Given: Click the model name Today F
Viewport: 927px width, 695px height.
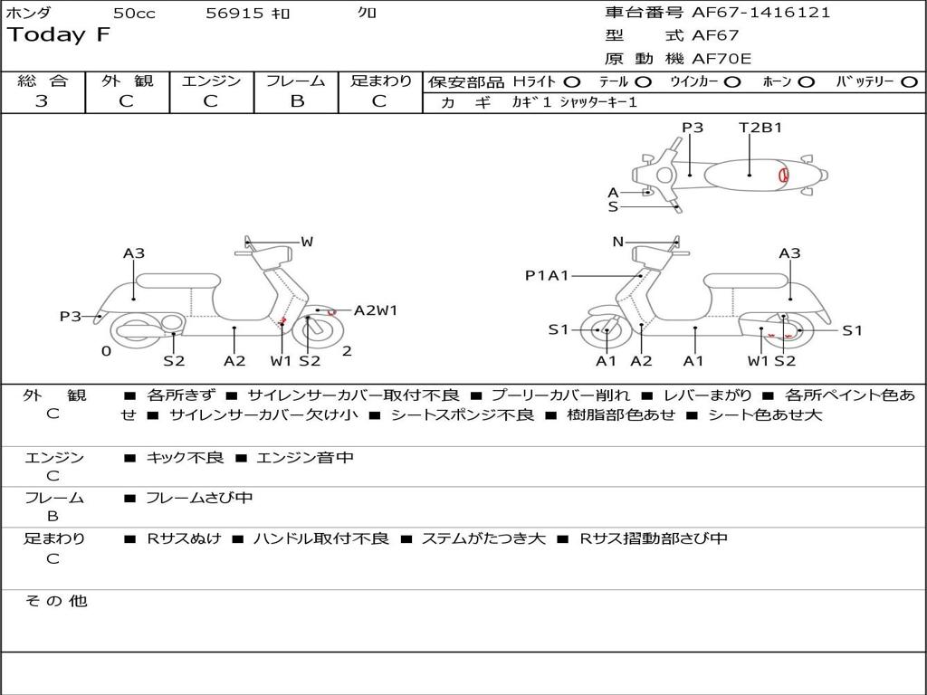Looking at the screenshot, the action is click(59, 36).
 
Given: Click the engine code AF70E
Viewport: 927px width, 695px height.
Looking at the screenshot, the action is click(722, 59).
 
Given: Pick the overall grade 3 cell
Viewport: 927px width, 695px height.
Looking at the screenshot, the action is click(42, 101).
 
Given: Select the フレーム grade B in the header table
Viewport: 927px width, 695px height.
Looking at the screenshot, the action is click(296, 101).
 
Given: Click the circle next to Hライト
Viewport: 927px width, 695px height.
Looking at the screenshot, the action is click(572, 81).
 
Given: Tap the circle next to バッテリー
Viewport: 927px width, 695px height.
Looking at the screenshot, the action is click(909, 81).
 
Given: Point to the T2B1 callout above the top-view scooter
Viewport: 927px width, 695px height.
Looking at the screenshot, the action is click(760, 128).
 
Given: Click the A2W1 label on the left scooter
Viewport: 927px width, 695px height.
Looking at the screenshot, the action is click(376, 310).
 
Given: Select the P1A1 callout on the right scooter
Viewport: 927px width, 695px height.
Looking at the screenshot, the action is click(547, 275).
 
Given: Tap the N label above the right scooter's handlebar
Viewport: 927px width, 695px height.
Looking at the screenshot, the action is click(617, 242).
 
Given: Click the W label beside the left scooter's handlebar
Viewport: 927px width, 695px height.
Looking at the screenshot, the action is click(307, 242).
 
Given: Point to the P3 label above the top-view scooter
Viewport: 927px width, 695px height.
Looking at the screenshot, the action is click(693, 128).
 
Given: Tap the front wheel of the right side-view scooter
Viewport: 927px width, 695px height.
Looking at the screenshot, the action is click(605, 331).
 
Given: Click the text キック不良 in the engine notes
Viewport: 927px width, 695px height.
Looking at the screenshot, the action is click(185, 458).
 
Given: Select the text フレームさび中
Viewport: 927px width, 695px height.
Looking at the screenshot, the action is click(199, 498).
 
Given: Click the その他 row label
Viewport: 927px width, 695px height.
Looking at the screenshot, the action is click(55, 601).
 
